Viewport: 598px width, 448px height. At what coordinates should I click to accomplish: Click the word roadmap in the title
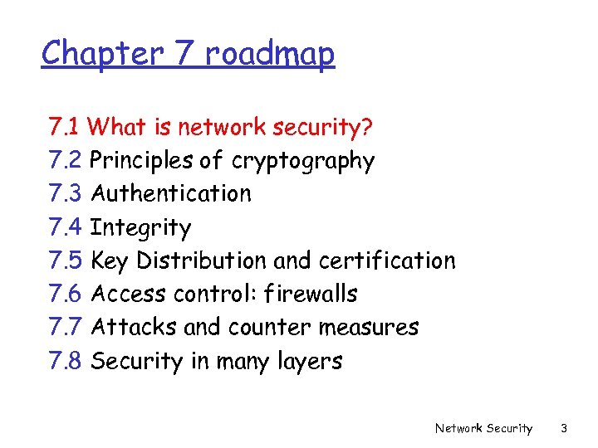click(270, 54)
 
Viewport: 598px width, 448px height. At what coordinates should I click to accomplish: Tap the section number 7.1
click(64, 128)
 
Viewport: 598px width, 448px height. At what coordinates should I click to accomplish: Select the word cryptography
click(303, 161)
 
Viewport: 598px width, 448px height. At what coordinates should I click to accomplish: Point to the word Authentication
click(170, 194)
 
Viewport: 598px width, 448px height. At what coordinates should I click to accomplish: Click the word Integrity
click(140, 227)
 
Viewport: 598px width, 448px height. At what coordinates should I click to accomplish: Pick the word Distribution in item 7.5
click(202, 261)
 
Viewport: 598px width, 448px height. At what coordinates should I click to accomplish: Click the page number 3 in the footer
click(564, 428)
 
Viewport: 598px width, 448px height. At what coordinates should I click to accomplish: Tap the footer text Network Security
click(484, 428)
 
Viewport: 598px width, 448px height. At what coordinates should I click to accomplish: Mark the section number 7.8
click(66, 361)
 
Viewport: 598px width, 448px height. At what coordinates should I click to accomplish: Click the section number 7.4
click(66, 227)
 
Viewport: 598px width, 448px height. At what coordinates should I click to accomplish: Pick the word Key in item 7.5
click(110, 261)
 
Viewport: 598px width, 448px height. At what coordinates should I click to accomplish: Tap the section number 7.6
click(66, 294)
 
